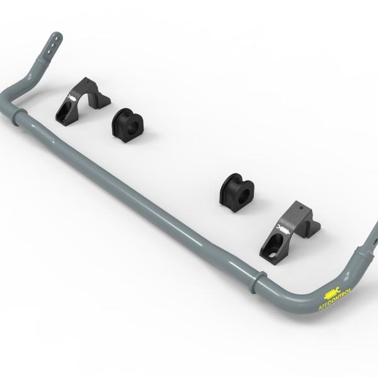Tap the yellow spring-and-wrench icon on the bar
[332, 293]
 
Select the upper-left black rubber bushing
[127, 125]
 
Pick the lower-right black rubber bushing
[237, 192]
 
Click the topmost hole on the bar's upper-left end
[56, 38]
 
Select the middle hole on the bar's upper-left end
[52, 45]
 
